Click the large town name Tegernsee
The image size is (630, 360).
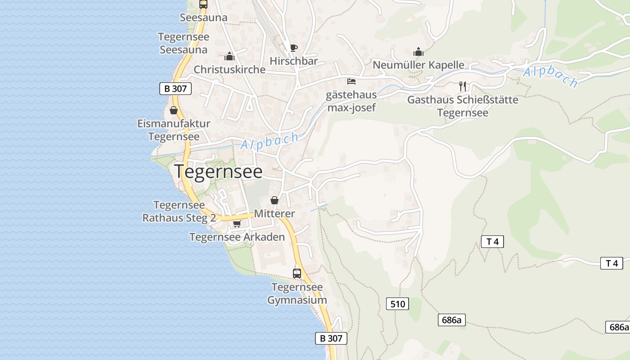tap(218, 171)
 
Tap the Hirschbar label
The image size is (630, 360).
tap(294, 61)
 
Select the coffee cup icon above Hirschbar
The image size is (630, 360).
tap(293, 48)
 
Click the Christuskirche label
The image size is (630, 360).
tap(229, 70)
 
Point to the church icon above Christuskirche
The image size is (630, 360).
tap(229, 57)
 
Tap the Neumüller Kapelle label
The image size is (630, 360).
tap(418, 65)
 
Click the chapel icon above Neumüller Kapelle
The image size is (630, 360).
tap(418, 52)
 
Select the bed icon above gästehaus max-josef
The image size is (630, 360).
tap(351, 81)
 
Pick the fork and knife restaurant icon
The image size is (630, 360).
tap(463, 86)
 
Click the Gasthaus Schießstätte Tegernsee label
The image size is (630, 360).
tap(463, 106)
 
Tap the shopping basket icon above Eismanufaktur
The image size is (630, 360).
tap(174, 110)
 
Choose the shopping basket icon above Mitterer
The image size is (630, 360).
tap(274, 200)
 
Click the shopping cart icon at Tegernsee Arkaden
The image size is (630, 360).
tap(237, 224)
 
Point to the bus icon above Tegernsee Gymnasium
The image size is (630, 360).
tap(297, 273)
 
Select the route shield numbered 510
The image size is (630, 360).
tap(398, 304)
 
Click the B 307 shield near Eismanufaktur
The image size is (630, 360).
tap(175, 89)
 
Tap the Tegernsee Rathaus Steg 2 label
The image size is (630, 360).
tap(179, 211)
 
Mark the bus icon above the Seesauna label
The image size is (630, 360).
tap(203, 4)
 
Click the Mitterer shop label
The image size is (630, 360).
tap(274, 214)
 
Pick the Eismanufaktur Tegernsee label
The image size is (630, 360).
tap(174, 130)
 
